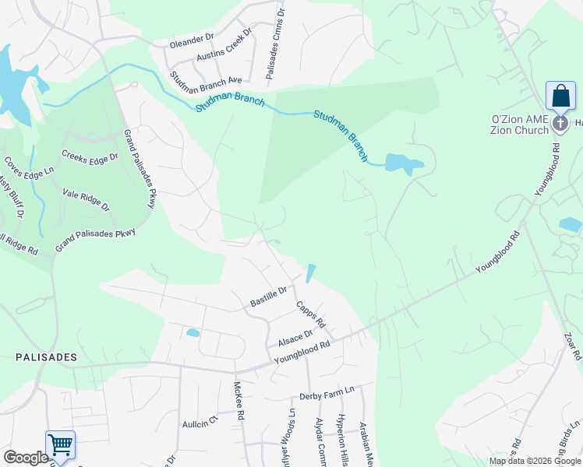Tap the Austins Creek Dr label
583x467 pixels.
[224, 47]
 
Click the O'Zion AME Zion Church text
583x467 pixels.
[519, 125]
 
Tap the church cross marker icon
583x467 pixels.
[560, 123]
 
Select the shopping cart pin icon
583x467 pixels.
[60, 445]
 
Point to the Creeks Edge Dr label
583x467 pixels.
[89, 156]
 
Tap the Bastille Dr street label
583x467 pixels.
[269, 297]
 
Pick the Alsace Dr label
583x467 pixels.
[295, 338]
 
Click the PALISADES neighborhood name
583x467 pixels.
[47, 357]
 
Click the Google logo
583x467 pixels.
[26, 458]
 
